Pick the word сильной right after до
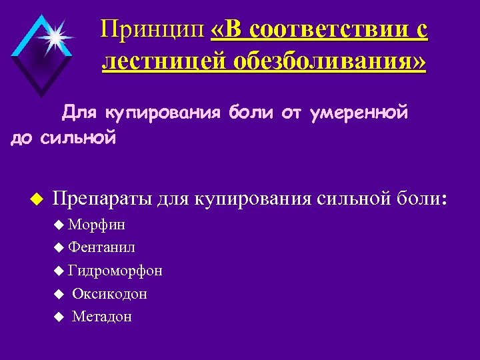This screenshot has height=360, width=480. [x=78, y=139]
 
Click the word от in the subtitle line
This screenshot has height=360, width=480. [x=291, y=113]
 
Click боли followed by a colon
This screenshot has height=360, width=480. [x=421, y=199]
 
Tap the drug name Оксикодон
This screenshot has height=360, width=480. [x=109, y=293]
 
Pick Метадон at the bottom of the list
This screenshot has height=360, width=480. [x=101, y=317]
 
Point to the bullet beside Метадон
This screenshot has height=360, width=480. [x=59, y=317]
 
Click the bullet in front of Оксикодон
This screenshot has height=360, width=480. [x=59, y=293]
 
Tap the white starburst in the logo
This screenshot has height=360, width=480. [x=52, y=37]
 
